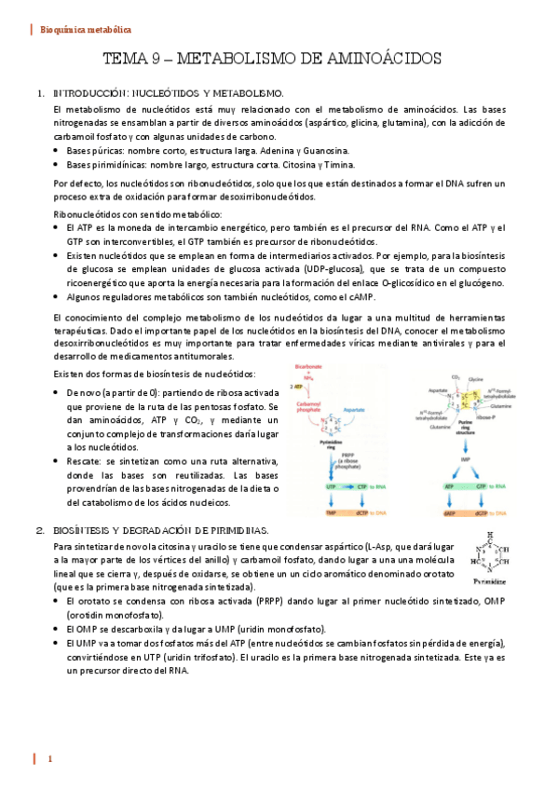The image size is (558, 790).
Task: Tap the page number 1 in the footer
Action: [x=50, y=760]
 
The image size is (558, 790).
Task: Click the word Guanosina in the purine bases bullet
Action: [x=323, y=150]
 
